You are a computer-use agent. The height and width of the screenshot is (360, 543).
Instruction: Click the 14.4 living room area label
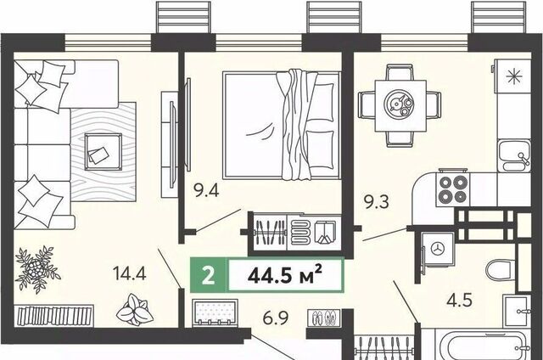click(x=130, y=273)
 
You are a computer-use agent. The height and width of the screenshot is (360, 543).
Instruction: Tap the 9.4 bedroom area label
click(x=206, y=190)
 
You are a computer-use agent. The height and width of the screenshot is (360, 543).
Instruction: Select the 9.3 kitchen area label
click(x=377, y=202)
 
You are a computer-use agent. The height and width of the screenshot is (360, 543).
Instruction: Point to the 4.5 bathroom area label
click(x=460, y=300)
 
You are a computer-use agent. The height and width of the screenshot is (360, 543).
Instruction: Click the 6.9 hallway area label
click(x=276, y=318)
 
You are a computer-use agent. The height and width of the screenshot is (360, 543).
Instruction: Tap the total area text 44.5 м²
click(x=285, y=275)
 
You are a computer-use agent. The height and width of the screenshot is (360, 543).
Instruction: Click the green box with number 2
click(x=208, y=275)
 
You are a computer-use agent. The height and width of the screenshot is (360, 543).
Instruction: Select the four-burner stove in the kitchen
click(x=452, y=189)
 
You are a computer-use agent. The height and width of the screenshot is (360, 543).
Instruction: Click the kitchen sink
click(x=514, y=156)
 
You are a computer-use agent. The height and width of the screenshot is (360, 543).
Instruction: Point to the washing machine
click(x=438, y=249)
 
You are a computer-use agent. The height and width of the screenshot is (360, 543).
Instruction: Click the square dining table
click(x=400, y=105)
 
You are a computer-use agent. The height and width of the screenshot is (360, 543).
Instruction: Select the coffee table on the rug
click(x=103, y=151)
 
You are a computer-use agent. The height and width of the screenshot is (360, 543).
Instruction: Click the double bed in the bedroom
click(x=282, y=125)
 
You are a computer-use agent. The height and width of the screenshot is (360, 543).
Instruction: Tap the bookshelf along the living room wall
click(x=55, y=315)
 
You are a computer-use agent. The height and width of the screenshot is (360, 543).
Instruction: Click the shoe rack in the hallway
click(x=324, y=318)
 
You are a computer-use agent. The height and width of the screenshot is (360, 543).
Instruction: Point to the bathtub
click(x=481, y=345)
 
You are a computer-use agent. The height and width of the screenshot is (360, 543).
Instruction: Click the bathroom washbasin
click(x=517, y=311)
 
